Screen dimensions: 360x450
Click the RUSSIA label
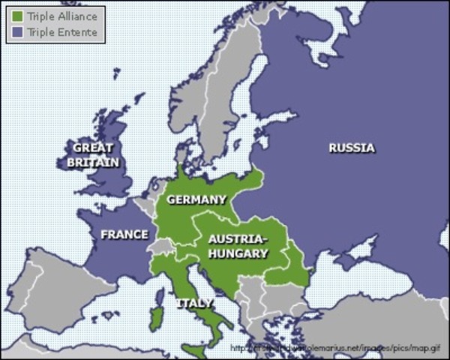pyautogui.click(x=351, y=148)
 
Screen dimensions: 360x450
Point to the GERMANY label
pyautogui.click(x=196, y=199)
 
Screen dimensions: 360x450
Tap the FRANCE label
pyautogui.click(x=124, y=235)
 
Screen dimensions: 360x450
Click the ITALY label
pyautogui.click(x=194, y=303)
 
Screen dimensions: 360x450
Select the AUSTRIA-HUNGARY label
pyautogui.click(x=238, y=246)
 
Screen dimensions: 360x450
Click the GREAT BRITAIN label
pyautogui.click(x=93, y=154)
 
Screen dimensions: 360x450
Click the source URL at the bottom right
pyautogui.click(x=337, y=348)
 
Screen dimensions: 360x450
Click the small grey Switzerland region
pyautogui.click(x=160, y=246)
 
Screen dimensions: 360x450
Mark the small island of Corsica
pyautogui.click(x=157, y=294)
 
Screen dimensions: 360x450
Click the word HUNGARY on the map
pyautogui.click(x=238, y=253)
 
